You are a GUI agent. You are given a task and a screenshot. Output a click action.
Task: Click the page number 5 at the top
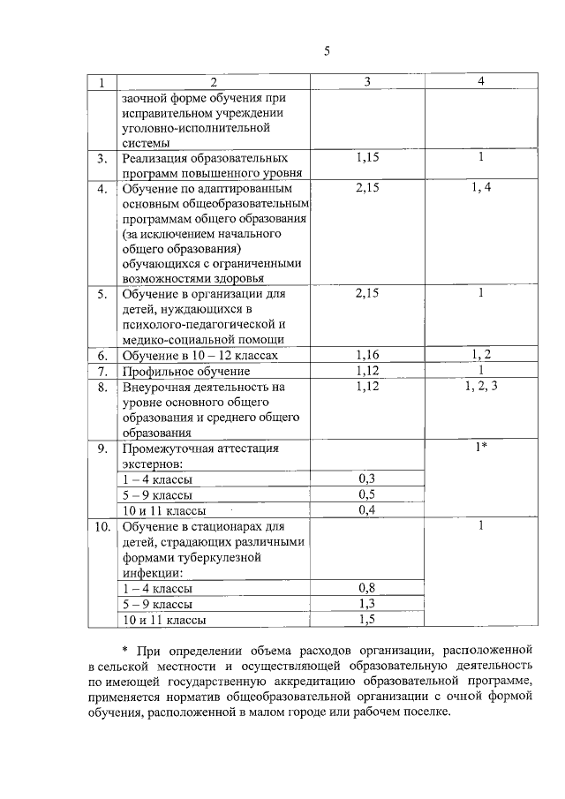click(326, 51)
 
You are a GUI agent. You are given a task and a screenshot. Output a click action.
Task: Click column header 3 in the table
click(367, 82)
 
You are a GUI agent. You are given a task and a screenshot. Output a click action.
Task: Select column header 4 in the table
click(481, 82)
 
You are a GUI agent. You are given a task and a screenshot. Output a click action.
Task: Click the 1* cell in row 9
click(481, 448)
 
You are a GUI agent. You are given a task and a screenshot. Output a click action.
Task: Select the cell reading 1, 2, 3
click(481, 386)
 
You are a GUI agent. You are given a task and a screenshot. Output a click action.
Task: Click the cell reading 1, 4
click(481, 187)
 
